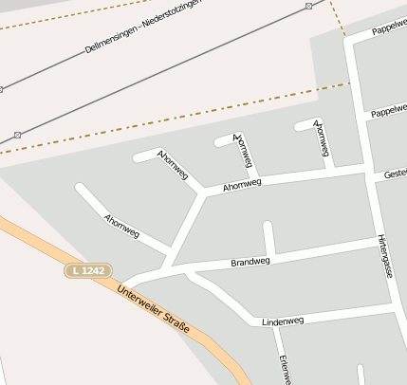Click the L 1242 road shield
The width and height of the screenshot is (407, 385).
point(87,271)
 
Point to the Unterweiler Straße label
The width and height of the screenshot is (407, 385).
point(154,310)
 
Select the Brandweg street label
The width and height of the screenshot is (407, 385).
point(250,262)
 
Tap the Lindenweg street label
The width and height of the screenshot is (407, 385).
point(283,321)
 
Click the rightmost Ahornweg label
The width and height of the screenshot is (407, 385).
point(323,138)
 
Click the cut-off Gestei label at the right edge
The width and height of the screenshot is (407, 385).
point(395,174)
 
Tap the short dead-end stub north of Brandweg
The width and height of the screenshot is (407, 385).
point(268,238)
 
